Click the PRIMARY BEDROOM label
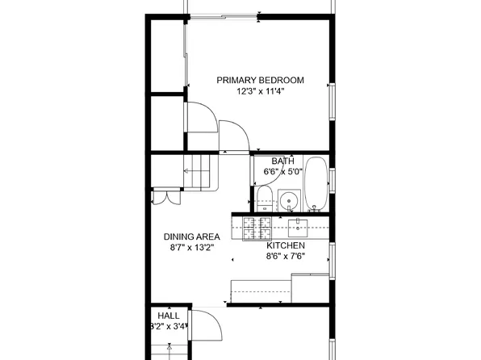tap(259, 80)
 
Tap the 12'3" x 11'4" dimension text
tap(260, 91)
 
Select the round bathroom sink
tap(288, 199)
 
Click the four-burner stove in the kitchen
tap(258, 227)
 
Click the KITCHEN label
tap(286, 245)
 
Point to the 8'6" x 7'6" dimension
tap(286, 257)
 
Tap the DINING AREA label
tap(192, 237)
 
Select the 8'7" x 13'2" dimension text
tap(192, 248)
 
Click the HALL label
tap(169, 316)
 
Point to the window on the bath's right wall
tap(330, 182)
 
